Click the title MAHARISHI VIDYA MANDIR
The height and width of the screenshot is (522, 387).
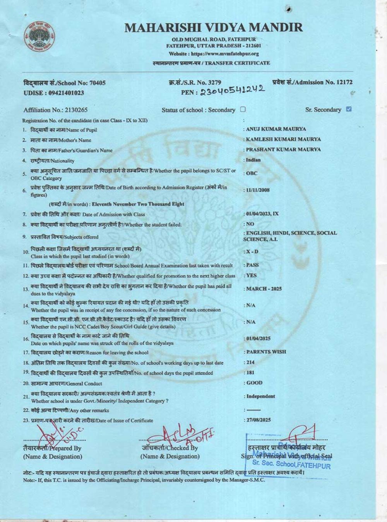pos(214,27)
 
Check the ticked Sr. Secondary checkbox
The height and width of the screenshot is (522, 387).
pos(349,109)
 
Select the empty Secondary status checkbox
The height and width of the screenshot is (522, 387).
pos(243,109)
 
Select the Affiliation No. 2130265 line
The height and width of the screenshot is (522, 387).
pos(55,110)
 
